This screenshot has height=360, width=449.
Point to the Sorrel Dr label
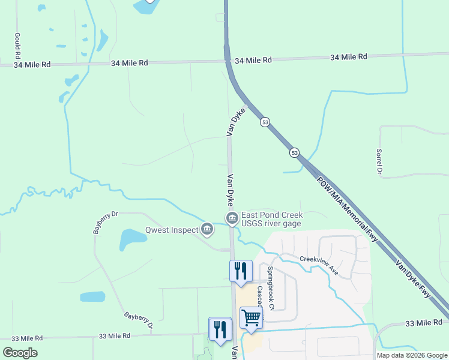(379, 161)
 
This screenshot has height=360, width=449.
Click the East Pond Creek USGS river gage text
(271, 219)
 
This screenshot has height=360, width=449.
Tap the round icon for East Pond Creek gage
(230, 217)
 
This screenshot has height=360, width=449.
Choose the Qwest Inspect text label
(172, 230)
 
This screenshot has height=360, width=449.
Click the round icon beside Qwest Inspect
(208, 228)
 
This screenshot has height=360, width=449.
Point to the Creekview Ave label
(319, 265)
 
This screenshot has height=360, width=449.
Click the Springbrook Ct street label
(271, 289)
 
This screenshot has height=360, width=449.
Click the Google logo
(20, 353)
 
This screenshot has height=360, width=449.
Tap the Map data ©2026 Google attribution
(412, 355)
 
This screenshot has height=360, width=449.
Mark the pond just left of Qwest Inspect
(133, 239)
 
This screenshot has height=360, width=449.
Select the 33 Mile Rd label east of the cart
(423, 323)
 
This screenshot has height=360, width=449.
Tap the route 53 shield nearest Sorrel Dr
(294, 153)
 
